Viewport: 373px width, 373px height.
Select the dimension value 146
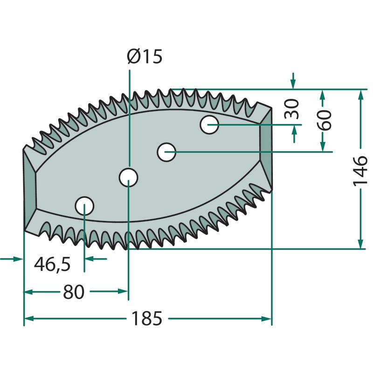coord(360,172)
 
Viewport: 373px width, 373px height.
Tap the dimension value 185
coord(146,319)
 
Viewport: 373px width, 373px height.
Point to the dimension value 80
coord(74,292)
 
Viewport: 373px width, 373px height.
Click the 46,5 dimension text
coord(52,264)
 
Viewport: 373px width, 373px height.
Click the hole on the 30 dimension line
coord(210,124)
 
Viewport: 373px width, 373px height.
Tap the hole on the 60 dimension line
coord(166,152)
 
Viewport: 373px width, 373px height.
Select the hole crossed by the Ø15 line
coord(128,177)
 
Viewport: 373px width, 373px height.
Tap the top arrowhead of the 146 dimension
coord(360,94)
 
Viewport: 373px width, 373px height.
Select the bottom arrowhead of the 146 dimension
coord(360,244)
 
